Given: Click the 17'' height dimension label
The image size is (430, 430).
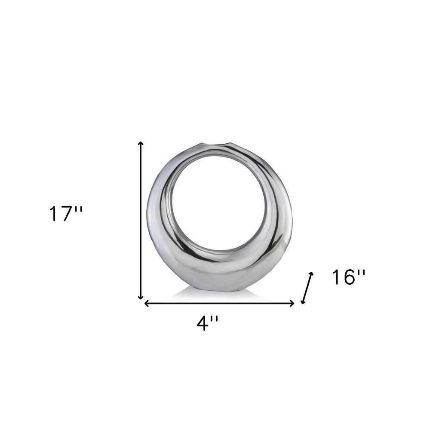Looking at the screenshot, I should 65,214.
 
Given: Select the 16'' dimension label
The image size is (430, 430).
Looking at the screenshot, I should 348,277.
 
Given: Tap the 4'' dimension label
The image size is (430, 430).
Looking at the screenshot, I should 208,322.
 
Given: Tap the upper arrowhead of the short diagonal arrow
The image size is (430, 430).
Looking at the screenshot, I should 311,274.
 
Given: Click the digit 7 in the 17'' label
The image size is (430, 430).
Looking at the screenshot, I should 67,214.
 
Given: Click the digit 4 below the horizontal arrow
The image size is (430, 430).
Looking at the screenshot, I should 203,323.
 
